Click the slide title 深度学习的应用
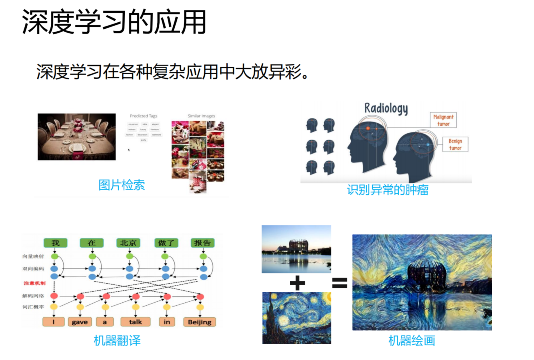click(114, 23)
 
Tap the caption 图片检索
click(122, 185)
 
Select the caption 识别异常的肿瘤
click(387, 190)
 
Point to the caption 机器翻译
click(117, 341)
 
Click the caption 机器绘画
click(411, 341)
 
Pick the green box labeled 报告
click(203, 243)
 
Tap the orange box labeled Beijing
click(200, 322)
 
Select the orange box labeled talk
click(136, 322)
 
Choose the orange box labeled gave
click(80, 322)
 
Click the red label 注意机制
click(34, 283)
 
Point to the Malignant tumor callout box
click(443, 120)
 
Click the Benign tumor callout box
click(455, 144)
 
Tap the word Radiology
click(385, 108)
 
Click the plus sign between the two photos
click(297, 283)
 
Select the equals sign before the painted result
click(340, 284)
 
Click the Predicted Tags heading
click(143, 116)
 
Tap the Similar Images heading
click(201, 116)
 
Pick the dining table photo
click(76, 137)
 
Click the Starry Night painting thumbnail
click(297, 318)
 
